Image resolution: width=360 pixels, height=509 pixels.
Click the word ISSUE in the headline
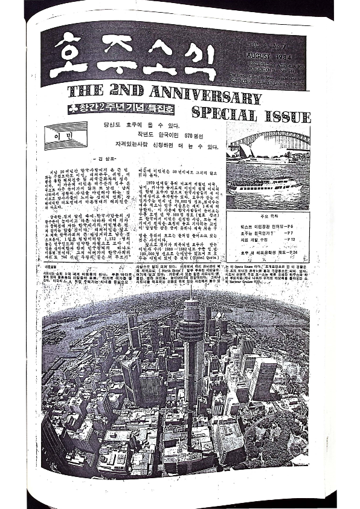coord(284,114)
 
